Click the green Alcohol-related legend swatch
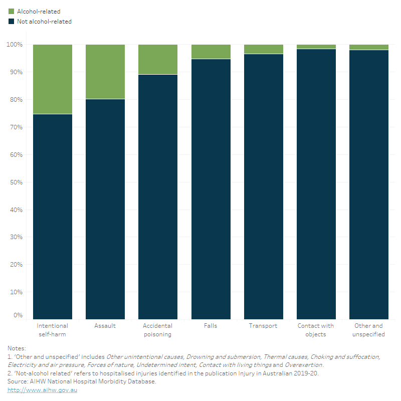pos(11,11)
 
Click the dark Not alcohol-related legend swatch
pos(11,22)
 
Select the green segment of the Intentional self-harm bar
pos(53,79)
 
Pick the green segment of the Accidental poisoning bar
pos(158,59)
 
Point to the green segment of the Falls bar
pos(211,52)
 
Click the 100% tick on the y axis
pos(15,45)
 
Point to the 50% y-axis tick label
pos(16,182)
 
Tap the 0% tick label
pos(18,315)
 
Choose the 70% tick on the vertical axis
pos(16,127)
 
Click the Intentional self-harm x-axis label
pos(53,330)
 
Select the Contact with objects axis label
pos(316,330)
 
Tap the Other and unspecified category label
pos(368,330)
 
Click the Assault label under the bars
pos(105,326)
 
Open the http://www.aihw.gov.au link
pos(42,390)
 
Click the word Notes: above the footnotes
pos(17,348)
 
